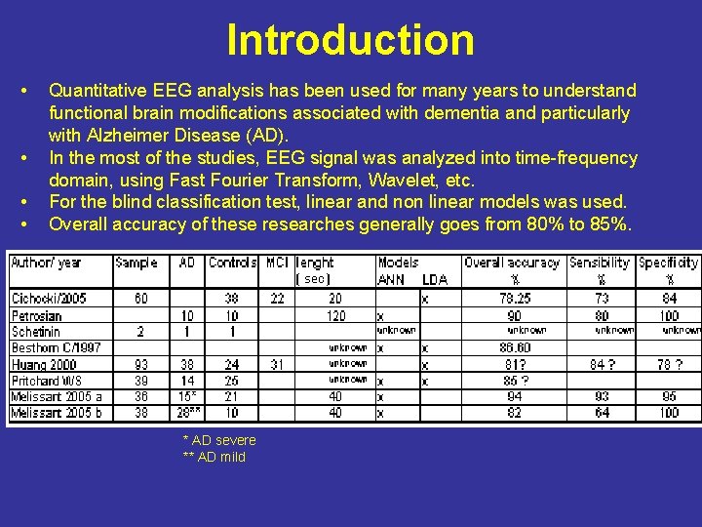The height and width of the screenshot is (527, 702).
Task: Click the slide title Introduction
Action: (x=350, y=40)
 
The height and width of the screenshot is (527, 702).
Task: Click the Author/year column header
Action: (x=46, y=263)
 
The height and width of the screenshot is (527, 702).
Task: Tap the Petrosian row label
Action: (x=36, y=315)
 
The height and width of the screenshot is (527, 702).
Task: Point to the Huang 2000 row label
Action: (x=43, y=364)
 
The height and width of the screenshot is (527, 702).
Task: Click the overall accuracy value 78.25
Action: (x=514, y=298)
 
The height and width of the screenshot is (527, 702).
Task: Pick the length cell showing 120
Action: (x=335, y=315)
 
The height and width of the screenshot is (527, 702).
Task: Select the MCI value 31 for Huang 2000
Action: (x=277, y=364)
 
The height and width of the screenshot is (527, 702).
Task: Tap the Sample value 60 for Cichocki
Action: (x=140, y=298)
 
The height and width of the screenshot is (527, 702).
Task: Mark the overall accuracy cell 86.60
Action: (x=514, y=347)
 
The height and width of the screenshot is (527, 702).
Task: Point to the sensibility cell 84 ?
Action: (x=602, y=364)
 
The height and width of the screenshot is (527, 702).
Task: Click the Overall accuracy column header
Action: (x=512, y=263)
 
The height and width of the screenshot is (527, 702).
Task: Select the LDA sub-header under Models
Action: (x=435, y=279)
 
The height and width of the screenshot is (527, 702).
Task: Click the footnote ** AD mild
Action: (x=214, y=457)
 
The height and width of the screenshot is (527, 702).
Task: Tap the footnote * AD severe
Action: (x=219, y=440)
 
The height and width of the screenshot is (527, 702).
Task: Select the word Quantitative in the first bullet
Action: (x=95, y=91)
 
